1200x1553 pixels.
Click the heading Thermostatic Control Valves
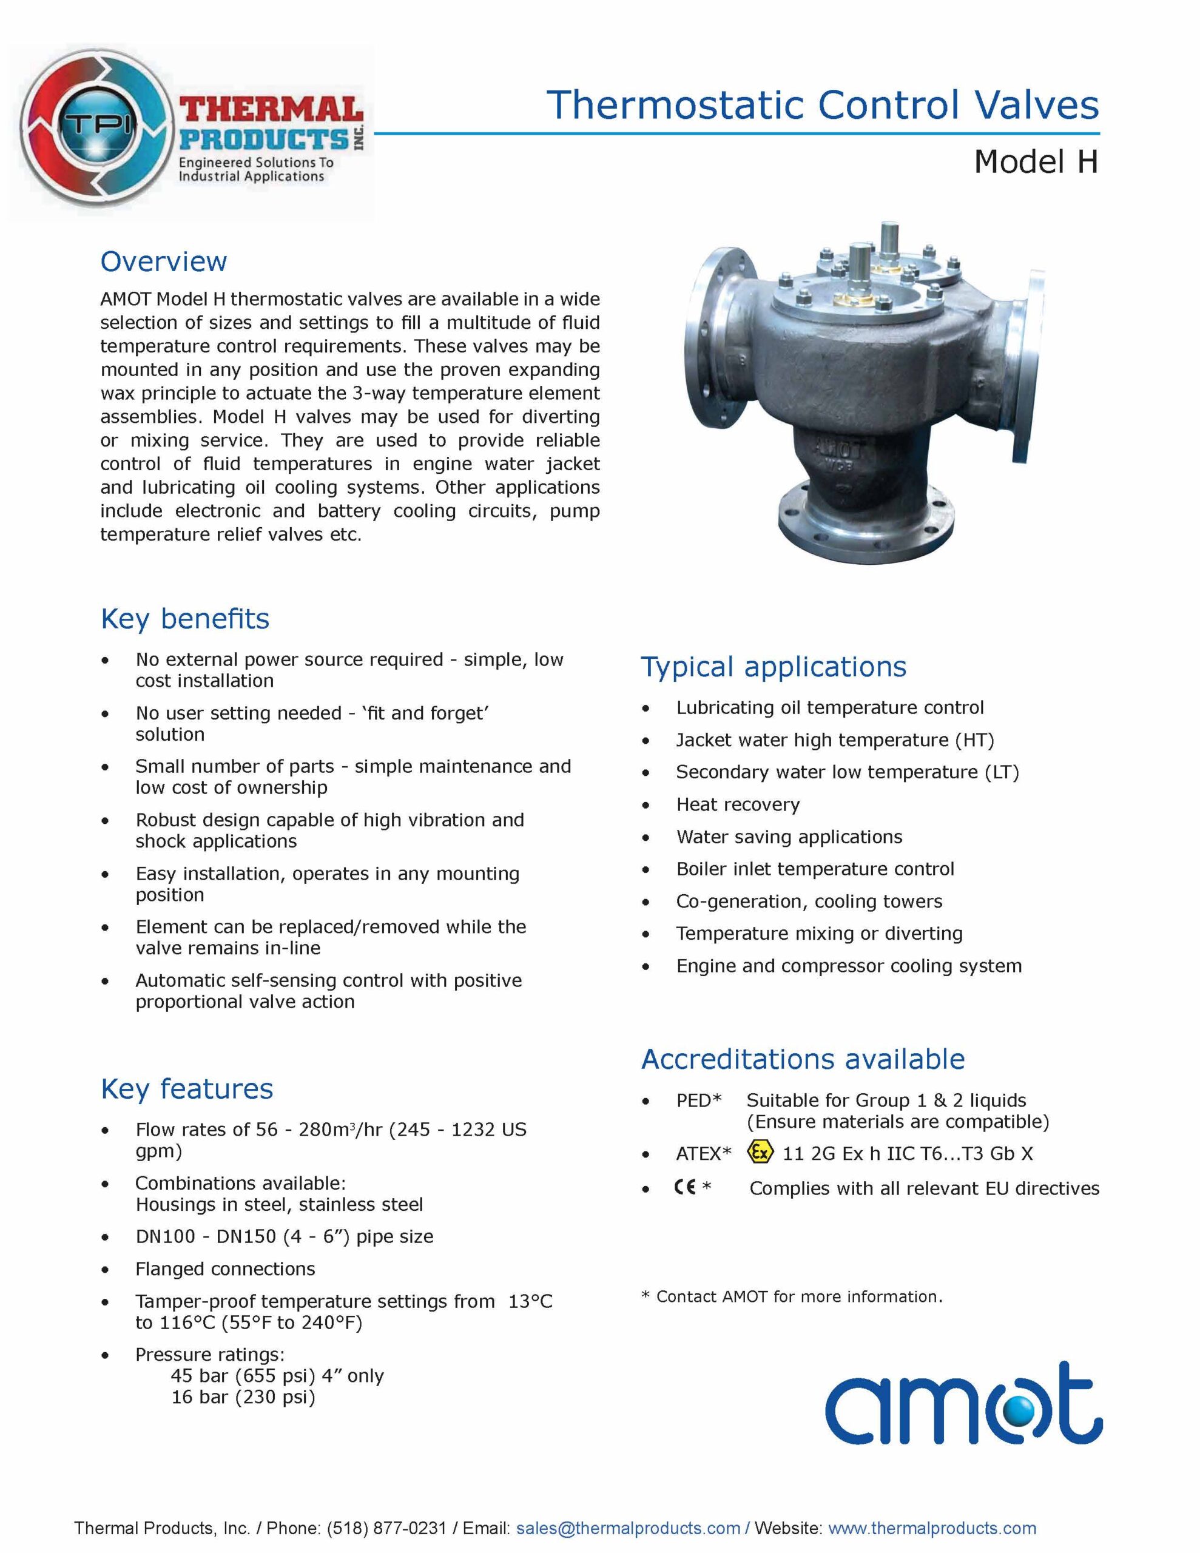822,105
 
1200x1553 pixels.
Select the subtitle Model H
1036,161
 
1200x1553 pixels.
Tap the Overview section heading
164,261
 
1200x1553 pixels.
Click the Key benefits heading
185,619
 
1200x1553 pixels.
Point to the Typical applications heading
774,667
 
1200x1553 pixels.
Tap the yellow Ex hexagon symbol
760,1152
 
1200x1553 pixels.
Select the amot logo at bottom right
963,1404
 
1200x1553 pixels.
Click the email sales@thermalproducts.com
628,1528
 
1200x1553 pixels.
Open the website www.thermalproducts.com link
932,1528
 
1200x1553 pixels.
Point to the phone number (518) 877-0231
386,1528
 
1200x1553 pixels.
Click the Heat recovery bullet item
738,804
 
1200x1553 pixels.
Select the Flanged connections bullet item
225,1268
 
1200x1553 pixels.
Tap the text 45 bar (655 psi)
243,1376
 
